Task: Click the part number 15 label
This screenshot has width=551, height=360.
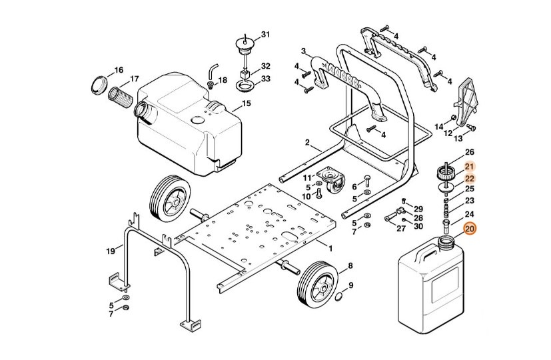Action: point(246,103)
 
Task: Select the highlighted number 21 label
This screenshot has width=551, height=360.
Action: point(469,167)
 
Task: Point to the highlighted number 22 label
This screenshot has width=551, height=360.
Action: point(469,179)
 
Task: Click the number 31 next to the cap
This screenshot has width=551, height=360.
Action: point(266,34)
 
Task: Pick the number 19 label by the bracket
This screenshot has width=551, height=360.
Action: point(111,251)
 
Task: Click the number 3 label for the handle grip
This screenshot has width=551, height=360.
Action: point(303,51)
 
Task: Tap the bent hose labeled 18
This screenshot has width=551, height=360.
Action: point(213,71)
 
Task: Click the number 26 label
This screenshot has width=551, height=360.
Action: point(469,152)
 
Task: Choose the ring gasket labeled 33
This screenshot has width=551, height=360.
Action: point(247,87)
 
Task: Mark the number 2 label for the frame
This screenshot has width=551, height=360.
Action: point(308,143)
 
